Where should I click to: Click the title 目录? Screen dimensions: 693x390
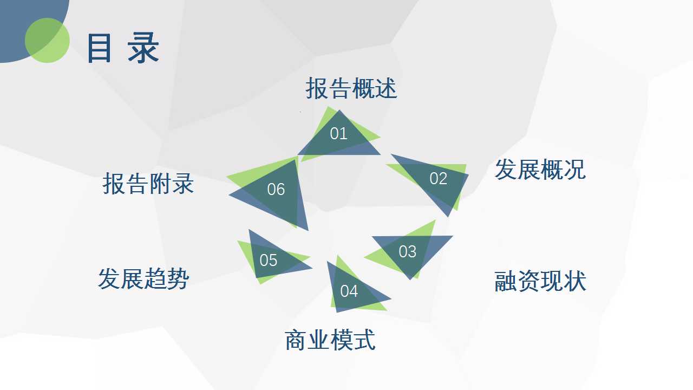[x=123, y=48]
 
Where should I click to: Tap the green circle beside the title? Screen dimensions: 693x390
[x=47, y=40]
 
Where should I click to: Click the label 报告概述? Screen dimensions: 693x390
[x=351, y=88]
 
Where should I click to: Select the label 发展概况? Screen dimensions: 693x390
[x=540, y=170]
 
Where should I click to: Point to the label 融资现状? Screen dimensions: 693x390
[x=540, y=281]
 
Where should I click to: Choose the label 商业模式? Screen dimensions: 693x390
[x=330, y=340]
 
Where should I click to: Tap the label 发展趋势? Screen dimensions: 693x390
[x=143, y=278]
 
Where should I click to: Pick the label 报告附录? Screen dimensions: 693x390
[x=148, y=184]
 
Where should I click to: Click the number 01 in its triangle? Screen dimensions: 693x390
[x=338, y=134]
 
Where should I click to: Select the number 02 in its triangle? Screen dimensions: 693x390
[x=439, y=179]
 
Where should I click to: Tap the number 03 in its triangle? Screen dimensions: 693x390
[x=408, y=251]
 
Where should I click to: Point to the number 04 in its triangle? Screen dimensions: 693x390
[x=349, y=291]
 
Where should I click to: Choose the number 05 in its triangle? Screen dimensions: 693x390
[x=268, y=261]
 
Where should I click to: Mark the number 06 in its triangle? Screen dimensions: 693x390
[x=276, y=189]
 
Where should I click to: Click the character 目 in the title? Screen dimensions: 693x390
[x=99, y=48]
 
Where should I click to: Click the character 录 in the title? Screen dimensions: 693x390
[x=143, y=48]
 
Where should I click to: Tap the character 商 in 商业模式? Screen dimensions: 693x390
[x=296, y=340]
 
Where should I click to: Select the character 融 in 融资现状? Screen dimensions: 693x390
[x=506, y=281]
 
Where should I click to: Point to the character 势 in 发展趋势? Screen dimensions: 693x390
[x=178, y=278]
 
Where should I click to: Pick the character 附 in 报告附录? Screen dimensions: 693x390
[x=160, y=184]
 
